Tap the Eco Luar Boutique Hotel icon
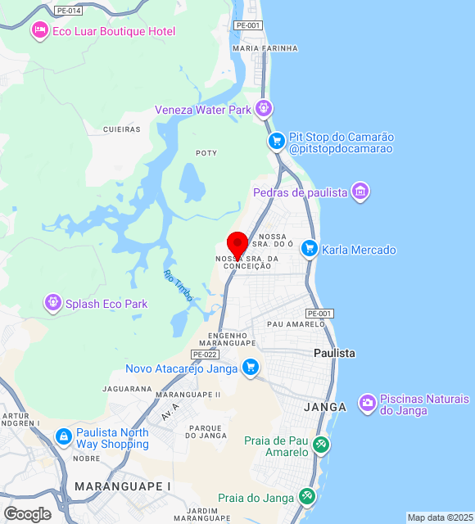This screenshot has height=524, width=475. pos(38,31)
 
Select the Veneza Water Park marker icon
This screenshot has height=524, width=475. pos(263,107)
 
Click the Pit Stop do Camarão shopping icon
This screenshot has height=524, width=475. pos(277,142)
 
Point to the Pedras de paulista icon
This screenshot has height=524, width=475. pos(360,192)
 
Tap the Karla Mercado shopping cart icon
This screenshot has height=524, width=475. pos(309,249)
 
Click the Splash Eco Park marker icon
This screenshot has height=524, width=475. pos(53,304)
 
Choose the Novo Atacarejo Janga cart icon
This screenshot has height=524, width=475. pos(251,368)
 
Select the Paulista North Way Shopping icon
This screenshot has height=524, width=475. pos(63,437)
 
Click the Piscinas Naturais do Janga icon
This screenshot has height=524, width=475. pos(368,403)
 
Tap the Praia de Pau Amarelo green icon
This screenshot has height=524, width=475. pos(321,445)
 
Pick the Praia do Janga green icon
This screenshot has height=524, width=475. pos(306,496)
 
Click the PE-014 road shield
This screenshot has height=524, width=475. pos(69,11)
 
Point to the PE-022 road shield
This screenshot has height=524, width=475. pos(204,354)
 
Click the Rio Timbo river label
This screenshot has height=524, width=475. pos(178,286)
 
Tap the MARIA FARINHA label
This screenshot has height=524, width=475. pos(265,48)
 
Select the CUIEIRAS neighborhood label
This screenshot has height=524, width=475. pos(122,129)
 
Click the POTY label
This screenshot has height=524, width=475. pos(206,153)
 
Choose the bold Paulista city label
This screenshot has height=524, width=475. pos(335,353)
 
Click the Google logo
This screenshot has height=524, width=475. pos(27,513)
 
